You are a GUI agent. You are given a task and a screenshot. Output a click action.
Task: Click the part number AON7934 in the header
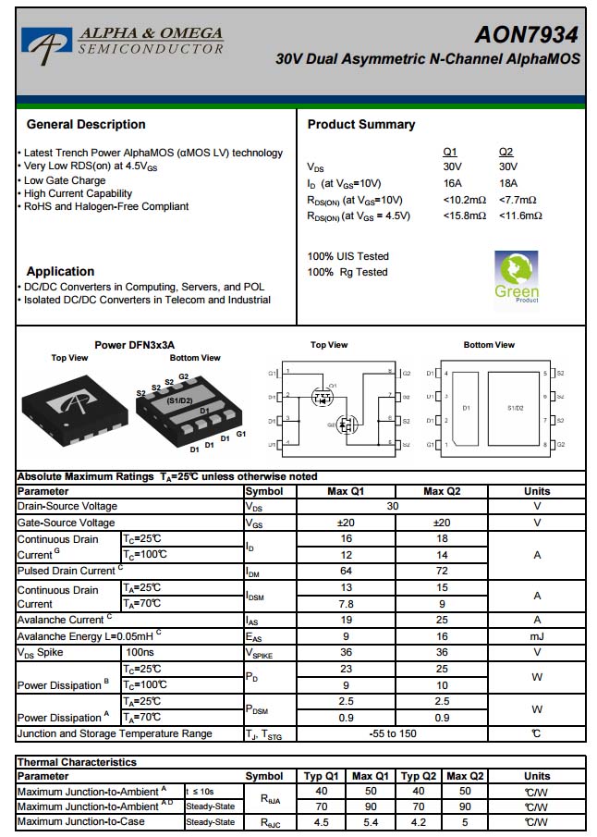526,35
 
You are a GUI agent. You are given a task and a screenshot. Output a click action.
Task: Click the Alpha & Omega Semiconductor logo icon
47,42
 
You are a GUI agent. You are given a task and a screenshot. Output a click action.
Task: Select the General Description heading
86,125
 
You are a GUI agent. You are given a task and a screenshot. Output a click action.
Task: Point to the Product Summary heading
361,125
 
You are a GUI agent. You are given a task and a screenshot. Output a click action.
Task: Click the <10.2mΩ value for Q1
464,200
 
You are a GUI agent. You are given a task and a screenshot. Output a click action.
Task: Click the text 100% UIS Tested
348,256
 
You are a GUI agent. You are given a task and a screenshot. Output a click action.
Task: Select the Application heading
60,272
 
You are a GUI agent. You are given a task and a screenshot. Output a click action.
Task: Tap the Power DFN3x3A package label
134,345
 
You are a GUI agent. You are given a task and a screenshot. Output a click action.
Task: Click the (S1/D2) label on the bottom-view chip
179,400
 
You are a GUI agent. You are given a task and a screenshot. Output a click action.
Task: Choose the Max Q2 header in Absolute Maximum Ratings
442,491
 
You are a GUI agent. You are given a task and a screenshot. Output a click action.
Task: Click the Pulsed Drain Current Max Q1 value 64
347,572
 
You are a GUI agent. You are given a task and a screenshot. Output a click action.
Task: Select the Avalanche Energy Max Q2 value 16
442,636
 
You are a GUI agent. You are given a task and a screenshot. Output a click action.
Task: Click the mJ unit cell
536,636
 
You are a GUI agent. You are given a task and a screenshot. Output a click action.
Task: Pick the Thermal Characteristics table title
77,762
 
